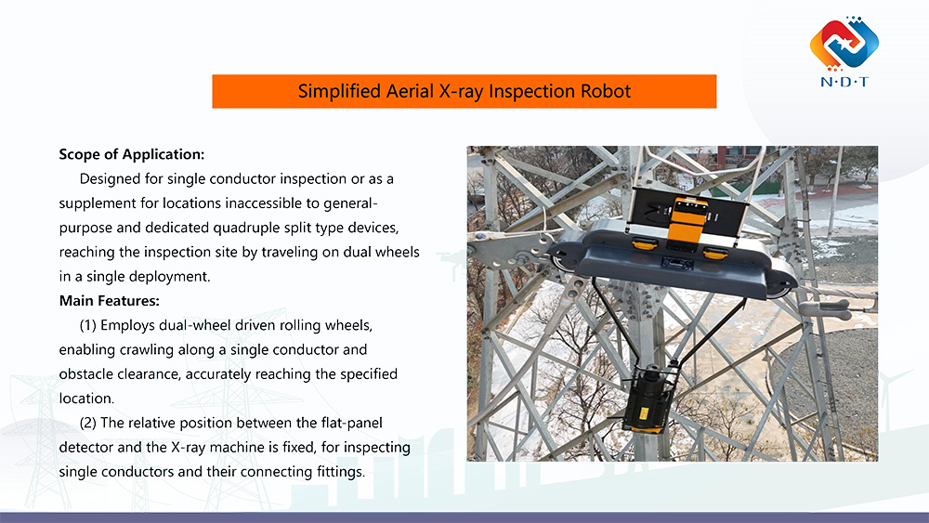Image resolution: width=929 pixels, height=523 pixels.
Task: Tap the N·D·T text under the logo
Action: tap(844, 82)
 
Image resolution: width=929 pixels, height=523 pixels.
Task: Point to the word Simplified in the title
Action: tap(338, 91)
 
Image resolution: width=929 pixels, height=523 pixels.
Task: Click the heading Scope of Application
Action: tap(131, 153)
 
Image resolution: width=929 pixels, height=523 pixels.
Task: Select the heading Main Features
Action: tap(109, 301)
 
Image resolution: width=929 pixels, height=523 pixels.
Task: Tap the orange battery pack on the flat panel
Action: tap(685, 215)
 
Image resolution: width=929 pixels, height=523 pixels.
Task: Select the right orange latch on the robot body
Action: tap(714, 253)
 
